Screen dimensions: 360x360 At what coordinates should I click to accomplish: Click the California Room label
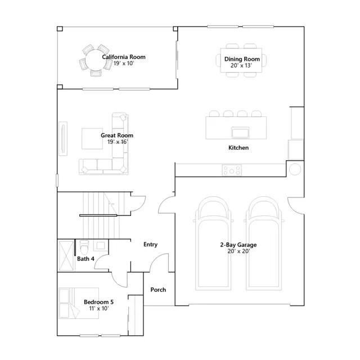[124, 57]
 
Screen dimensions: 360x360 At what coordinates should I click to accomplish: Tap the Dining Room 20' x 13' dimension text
[241, 65]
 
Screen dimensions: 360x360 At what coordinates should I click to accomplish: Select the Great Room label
[117, 135]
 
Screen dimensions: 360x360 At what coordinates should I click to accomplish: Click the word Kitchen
[238, 147]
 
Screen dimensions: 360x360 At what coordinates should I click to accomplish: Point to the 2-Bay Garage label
[238, 245]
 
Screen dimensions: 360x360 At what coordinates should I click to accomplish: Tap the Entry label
[151, 245]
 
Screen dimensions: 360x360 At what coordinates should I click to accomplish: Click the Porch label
[158, 290]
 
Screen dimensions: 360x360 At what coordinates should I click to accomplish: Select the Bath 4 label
[85, 259]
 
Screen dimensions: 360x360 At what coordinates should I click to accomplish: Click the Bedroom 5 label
[99, 302]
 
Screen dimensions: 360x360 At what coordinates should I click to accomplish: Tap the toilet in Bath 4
[84, 246]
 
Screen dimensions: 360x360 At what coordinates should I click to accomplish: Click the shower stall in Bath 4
[66, 255]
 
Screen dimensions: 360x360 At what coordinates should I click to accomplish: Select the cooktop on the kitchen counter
[232, 170]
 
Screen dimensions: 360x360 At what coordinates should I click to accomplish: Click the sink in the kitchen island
[240, 133]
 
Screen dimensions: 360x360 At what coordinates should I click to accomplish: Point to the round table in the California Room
[95, 60]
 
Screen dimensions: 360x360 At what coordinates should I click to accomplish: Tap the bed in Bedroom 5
[79, 303]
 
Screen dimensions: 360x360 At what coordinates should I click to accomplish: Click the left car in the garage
[213, 244]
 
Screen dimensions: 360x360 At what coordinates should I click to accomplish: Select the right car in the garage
[264, 244]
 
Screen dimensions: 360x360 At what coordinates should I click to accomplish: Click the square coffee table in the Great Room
[92, 139]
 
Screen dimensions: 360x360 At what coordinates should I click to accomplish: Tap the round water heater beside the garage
[295, 169]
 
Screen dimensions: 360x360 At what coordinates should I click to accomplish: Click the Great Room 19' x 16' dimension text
[118, 142]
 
